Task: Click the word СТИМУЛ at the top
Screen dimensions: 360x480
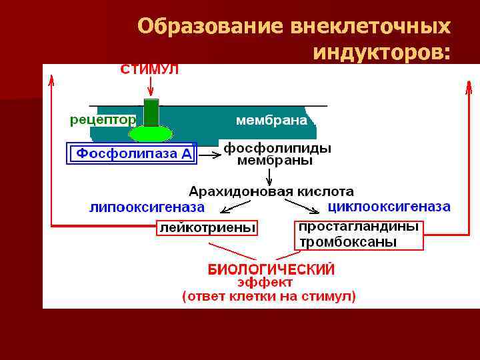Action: (149, 69)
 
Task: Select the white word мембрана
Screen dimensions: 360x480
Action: (272, 121)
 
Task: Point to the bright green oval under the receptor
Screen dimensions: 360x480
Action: (151, 134)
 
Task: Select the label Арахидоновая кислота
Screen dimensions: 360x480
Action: (271, 191)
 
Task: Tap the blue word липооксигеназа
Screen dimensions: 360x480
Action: (147, 207)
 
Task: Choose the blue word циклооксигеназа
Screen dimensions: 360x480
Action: (389, 207)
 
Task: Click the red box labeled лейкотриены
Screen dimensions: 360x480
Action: (207, 228)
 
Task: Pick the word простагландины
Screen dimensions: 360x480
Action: (359, 227)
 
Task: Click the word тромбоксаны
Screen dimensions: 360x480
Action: (348, 242)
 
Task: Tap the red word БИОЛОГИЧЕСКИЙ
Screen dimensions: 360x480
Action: (271, 270)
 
